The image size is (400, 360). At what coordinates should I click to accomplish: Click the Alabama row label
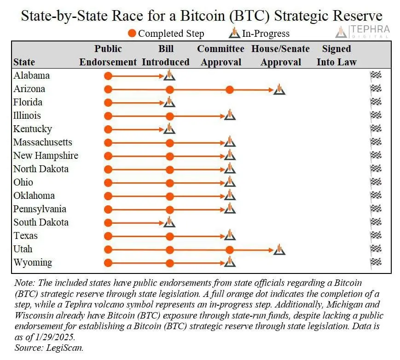pyautogui.click(x=31, y=75)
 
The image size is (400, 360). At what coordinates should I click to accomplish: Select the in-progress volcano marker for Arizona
pyautogui.click(x=279, y=90)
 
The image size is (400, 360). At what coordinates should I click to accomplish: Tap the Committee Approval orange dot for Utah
pyautogui.click(x=230, y=250)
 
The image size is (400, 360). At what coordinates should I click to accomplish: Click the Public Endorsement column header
pyautogui.click(x=108, y=55)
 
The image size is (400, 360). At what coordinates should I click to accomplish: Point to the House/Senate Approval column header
pyautogui.click(x=280, y=55)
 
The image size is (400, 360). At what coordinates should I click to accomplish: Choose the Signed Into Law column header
pyautogui.click(x=336, y=55)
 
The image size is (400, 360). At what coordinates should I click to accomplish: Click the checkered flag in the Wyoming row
pyautogui.click(x=376, y=262)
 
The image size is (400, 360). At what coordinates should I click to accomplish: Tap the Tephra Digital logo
pyautogui.click(x=363, y=32)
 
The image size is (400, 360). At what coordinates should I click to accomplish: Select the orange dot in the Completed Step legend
pyautogui.click(x=132, y=34)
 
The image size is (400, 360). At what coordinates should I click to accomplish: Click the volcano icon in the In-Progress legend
pyautogui.click(x=235, y=33)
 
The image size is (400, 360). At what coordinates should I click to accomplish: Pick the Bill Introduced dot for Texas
pyautogui.click(x=170, y=236)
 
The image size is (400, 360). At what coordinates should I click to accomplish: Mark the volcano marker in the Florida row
pyautogui.click(x=169, y=102)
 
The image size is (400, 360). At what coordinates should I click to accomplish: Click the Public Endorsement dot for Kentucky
pyautogui.click(x=108, y=129)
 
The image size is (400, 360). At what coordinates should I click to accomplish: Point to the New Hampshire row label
pyautogui.click(x=46, y=156)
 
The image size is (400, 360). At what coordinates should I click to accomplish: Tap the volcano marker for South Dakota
pyautogui.click(x=169, y=222)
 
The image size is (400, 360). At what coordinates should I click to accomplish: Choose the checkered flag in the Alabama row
pyautogui.click(x=376, y=75)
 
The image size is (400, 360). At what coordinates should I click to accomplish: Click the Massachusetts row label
pyautogui.click(x=43, y=142)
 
